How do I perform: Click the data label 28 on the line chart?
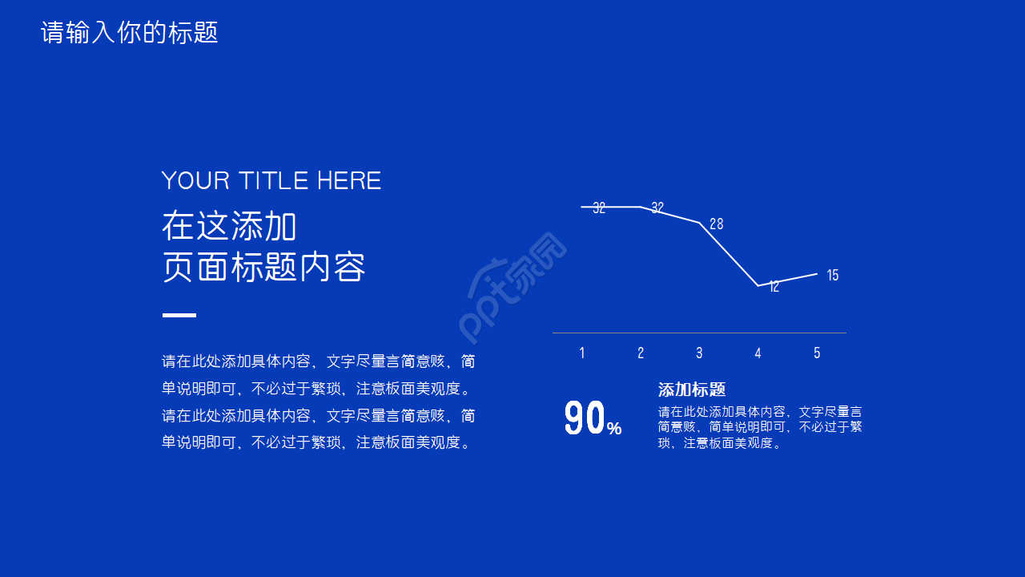click(x=717, y=224)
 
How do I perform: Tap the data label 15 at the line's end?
click(x=833, y=275)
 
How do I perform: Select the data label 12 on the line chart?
click(x=774, y=287)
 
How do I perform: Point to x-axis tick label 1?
click(x=582, y=353)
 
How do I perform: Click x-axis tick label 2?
click(x=641, y=353)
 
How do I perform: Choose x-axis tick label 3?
click(x=699, y=353)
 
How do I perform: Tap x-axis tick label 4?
click(x=758, y=353)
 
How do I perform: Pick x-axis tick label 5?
click(x=817, y=353)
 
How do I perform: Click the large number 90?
click(x=585, y=418)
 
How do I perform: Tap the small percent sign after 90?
click(x=614, y=428)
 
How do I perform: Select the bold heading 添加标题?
click(x=692, y=389)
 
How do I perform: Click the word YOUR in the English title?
click(x=195, y=180)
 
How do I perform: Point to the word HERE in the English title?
click(x=349, y=180)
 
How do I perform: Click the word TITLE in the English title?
click(x=273, y=180)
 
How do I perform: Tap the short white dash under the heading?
click(x=179, y=315)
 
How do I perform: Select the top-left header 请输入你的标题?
click(x=130, y=33)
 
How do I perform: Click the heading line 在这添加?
click(x=229, y=226)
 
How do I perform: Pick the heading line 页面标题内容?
click(x=263, y=267)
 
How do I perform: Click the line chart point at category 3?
click(x=699, y=223)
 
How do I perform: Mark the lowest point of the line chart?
click(x=758, y=286)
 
